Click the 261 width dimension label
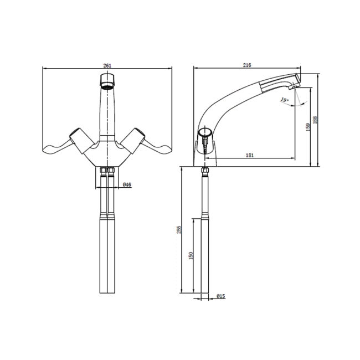(x=107, y=65)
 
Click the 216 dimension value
(x=247, y=65)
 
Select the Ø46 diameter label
(x=126, y=184)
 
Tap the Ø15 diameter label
(x=220, y=296)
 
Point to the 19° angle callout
(x=284, y=100)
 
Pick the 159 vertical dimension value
(x=307, y=127)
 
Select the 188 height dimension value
(x=315, y=120)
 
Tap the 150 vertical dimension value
(x=191, y=255)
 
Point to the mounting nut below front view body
(x=107, y=170)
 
